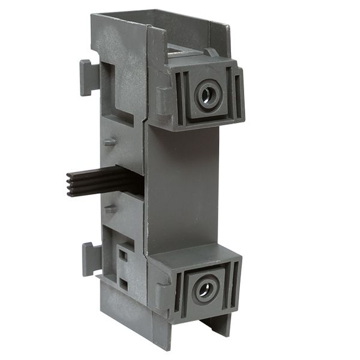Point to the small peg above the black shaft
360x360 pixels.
coord(109,142)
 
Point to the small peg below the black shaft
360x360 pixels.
coord(109,210)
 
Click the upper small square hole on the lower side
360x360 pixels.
coord(122,254)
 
